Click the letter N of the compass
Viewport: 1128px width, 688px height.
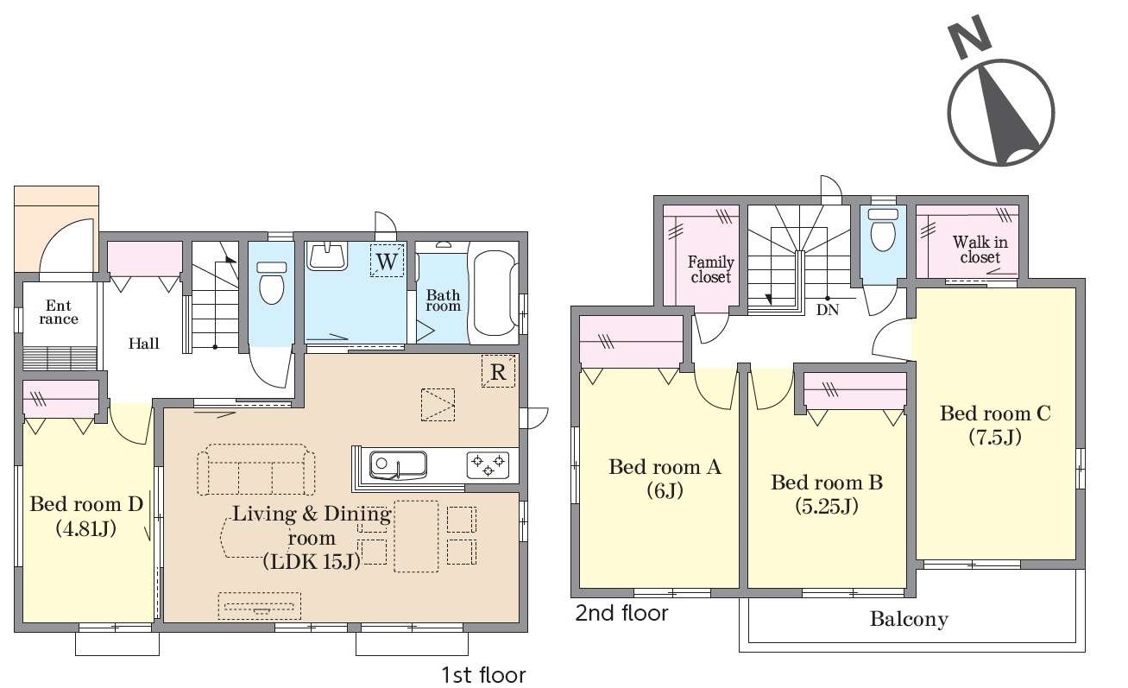(x=970, y=37)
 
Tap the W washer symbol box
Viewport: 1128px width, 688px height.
(x=387, y=261)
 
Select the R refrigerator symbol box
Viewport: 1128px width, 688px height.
(x=498, y=371)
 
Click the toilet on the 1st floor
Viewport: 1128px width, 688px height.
(x=271, y=283)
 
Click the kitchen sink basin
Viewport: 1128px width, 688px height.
(x=399, y=465)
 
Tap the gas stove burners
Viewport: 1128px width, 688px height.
(x=488, y=465)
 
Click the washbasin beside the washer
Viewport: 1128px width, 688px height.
(x=328, y=256)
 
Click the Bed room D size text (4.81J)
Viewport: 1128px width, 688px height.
(x=86, y=529)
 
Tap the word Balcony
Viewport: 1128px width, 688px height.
(x=909, y=620)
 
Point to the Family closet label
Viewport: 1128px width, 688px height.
(x=710, y=269)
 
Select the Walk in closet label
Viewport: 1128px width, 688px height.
(x=980, y=249)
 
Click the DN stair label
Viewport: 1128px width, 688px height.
(x=828, y=310)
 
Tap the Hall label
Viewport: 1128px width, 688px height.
(x=143, y=344)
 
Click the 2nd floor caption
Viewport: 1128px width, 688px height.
(x=621, y=614)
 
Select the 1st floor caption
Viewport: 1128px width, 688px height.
(x=483, y=675)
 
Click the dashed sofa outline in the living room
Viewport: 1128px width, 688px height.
(x=255, y=470)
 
